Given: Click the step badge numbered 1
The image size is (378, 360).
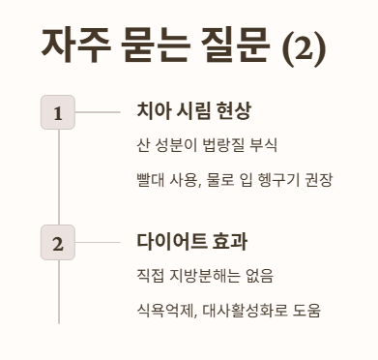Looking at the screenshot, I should [x=58, y=113].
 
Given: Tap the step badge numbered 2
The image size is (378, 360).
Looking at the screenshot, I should [x=58, y=243].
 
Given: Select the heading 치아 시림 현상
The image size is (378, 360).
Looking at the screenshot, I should [x=194, y=110].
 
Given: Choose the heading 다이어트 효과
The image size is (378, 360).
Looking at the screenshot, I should [x=192, y=241].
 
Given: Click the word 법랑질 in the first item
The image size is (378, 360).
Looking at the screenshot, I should [x=223, y=147].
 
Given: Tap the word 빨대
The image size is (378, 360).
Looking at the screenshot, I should [x=152, y=181].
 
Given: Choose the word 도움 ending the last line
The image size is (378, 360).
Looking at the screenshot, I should [x=305, y=311].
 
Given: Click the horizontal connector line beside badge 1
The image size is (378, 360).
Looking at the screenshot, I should [x=98, y=112].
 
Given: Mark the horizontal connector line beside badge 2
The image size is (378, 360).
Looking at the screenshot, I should [x=98, y=242].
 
